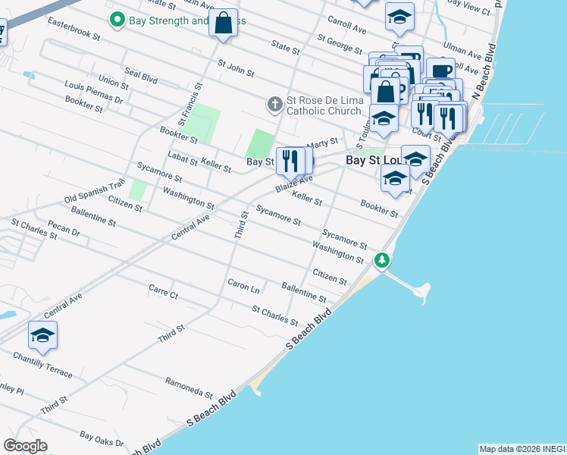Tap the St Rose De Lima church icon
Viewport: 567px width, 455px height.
[x=275, y=102]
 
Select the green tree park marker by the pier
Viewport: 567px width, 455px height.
[x=383, y=261]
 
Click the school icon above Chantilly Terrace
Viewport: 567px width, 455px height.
[x=43, y=336]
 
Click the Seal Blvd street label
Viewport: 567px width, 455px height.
[x=140, y=77]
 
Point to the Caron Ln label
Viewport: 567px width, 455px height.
[x=243, y=286]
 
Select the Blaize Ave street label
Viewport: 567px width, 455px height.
[x=294, y=182]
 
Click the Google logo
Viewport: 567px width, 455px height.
[x=26, y=446]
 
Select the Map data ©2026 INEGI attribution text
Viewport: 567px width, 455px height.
[x=522, y=449]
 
